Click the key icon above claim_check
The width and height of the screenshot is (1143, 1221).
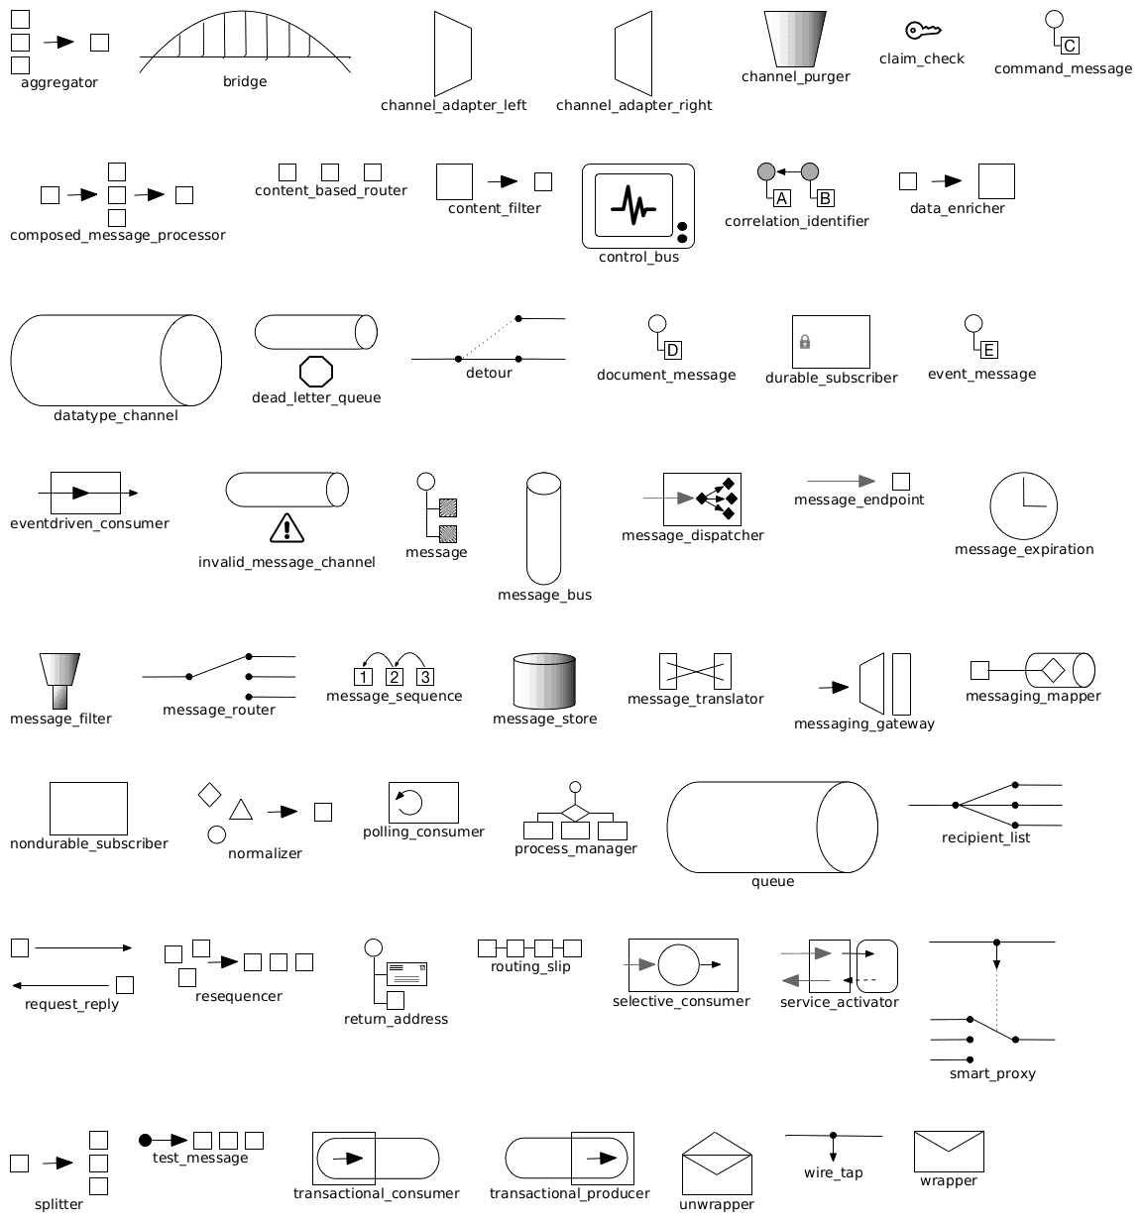(923, 30)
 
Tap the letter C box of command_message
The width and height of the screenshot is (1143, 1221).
(1070, 46)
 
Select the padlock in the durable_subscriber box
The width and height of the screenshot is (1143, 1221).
(805, 341)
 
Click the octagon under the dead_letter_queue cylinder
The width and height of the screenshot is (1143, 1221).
(316, 372)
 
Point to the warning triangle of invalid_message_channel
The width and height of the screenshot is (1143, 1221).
(286, 528)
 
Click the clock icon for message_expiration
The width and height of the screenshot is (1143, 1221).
(1023, 505)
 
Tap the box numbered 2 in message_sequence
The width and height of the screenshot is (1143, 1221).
(394, 677)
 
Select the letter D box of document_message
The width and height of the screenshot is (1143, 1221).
(673, 350)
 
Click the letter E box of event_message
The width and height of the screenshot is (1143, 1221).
(988, 350)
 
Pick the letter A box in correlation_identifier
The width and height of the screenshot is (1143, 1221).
(782, 198)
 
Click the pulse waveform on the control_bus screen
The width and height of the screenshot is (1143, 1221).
(633, 206)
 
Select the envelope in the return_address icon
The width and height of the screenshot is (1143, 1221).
(406, 974)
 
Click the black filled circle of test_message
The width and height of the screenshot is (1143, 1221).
(145, 1141)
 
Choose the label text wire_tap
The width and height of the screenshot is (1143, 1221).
(833, 1172)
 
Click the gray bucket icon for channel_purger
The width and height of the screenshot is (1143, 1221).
(795, 39)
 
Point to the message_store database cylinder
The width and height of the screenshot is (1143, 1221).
(544, 681)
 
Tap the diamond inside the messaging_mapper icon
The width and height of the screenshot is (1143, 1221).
(1053, 670)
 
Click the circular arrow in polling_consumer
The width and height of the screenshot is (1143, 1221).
(409, 802)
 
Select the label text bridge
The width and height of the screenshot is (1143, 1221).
(245, 81)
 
